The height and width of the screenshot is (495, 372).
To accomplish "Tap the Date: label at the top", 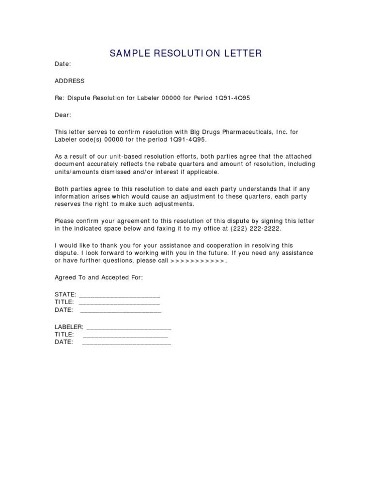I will click(63, 64).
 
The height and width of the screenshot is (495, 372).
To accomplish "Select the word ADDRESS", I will click(70, 81).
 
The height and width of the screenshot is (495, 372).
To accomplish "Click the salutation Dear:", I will click(63, 115).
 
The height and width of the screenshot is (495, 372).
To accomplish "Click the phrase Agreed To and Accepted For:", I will click(99, 277).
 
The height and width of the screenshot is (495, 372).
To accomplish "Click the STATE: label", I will click(65, 294).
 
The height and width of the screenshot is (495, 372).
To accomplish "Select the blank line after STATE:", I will click(119, 295).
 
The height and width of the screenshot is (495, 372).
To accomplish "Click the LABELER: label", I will click(69, 327).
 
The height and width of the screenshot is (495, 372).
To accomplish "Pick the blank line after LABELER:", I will click(128, 328).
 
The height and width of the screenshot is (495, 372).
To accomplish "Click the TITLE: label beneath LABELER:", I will click(64, 335).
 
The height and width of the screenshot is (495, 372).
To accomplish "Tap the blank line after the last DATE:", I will click(127, 343).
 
